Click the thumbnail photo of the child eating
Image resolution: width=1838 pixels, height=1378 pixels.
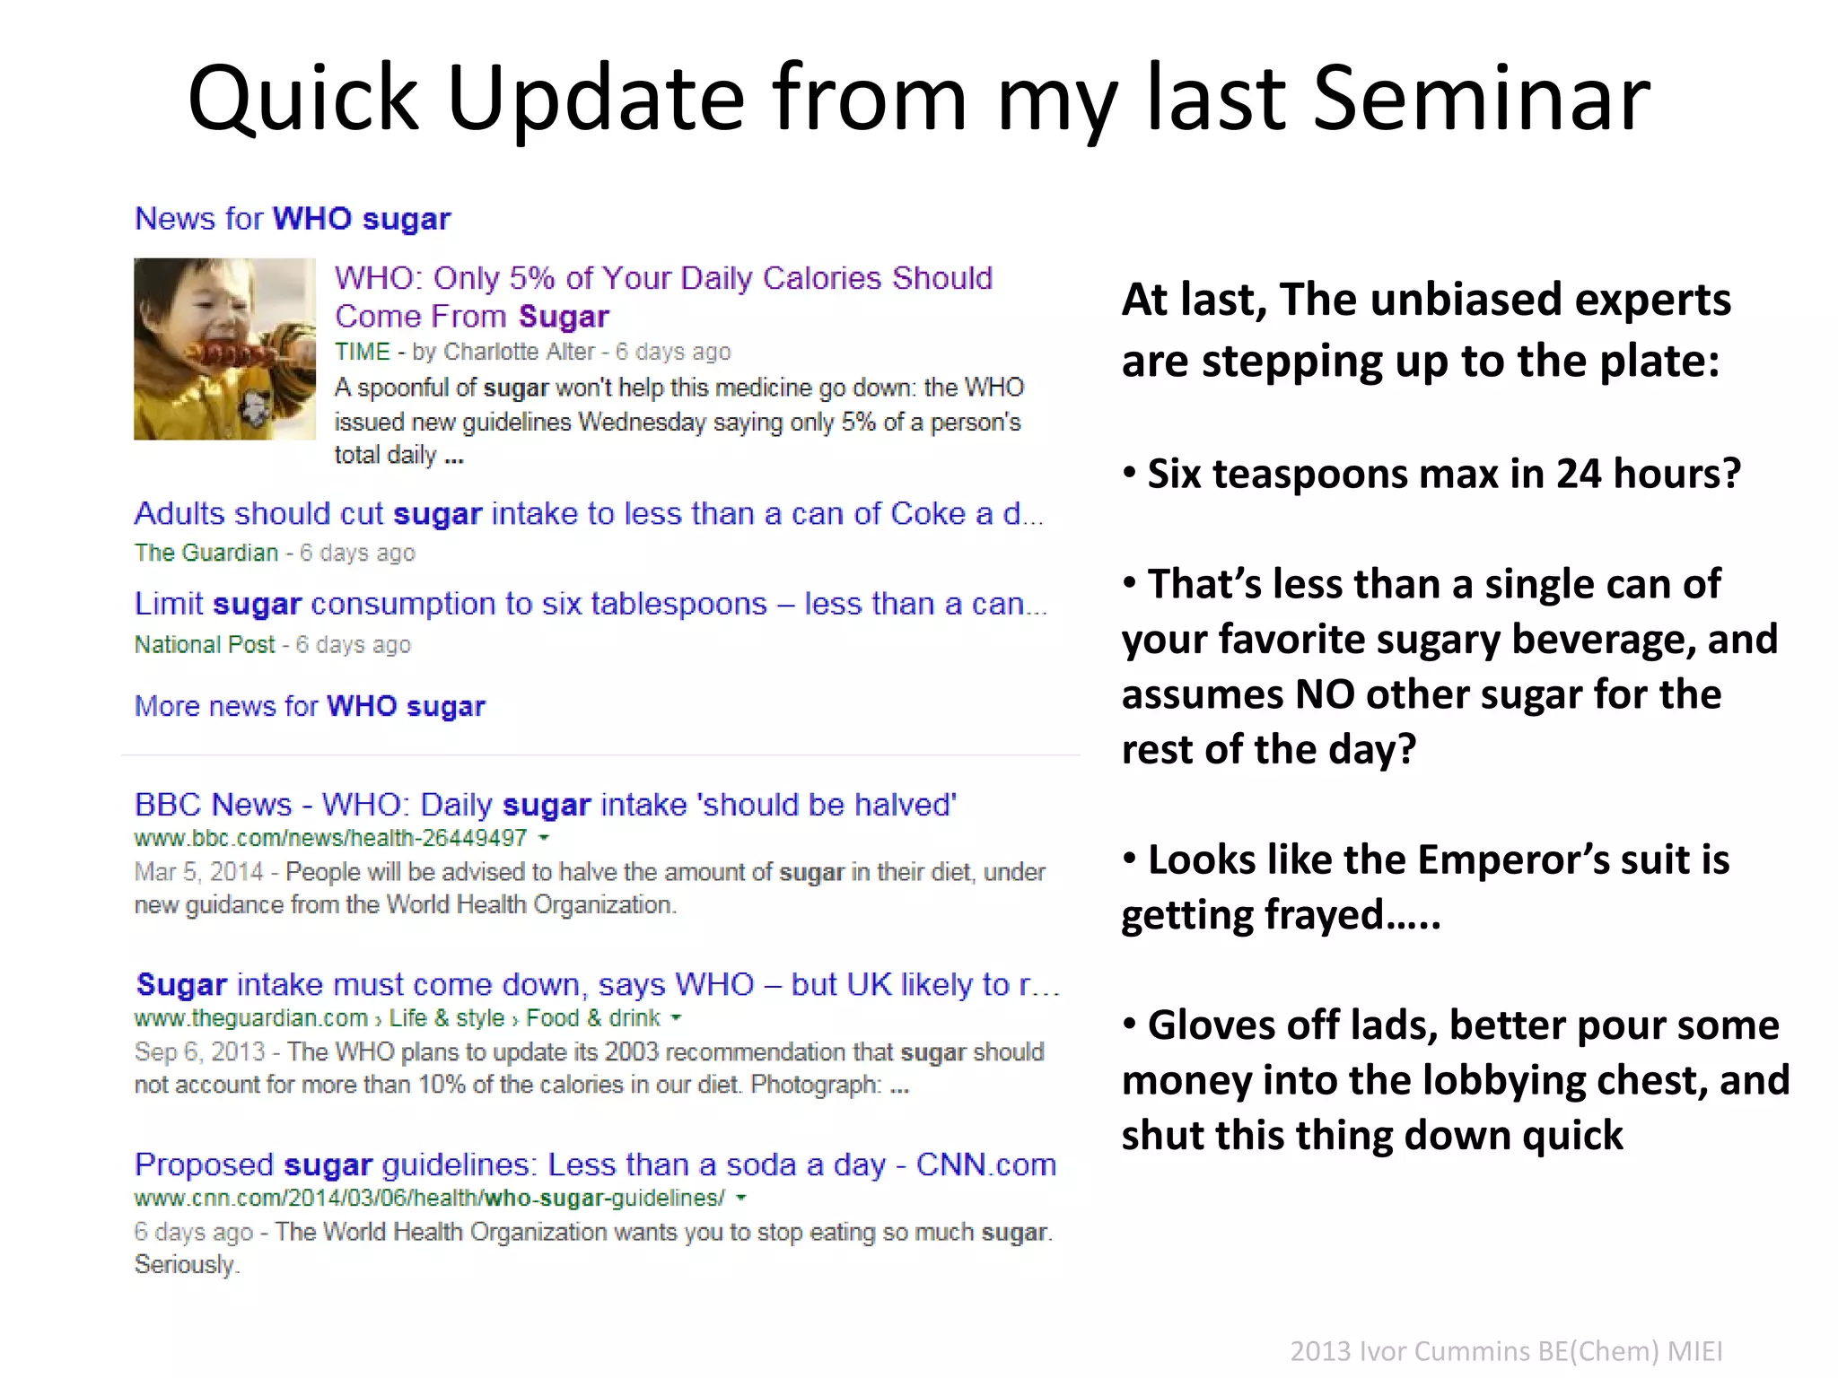224,349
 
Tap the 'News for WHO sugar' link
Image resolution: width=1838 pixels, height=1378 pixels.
293,219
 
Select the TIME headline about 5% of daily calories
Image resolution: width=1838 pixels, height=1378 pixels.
663,296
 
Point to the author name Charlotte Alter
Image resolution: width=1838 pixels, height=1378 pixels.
519,352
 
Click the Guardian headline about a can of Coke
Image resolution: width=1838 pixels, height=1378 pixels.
588,514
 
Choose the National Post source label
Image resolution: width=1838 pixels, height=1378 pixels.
205,644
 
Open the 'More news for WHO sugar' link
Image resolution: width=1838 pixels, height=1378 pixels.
310,706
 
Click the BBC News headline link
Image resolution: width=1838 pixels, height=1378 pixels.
546,805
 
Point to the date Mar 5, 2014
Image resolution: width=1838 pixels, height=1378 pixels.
199,872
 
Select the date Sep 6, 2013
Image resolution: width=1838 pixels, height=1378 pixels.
199,1051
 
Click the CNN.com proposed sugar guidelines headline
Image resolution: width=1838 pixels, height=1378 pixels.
595,1164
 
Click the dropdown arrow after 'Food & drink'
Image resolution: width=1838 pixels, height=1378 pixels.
677,1018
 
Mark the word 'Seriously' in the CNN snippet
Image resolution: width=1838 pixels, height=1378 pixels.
185,1264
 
